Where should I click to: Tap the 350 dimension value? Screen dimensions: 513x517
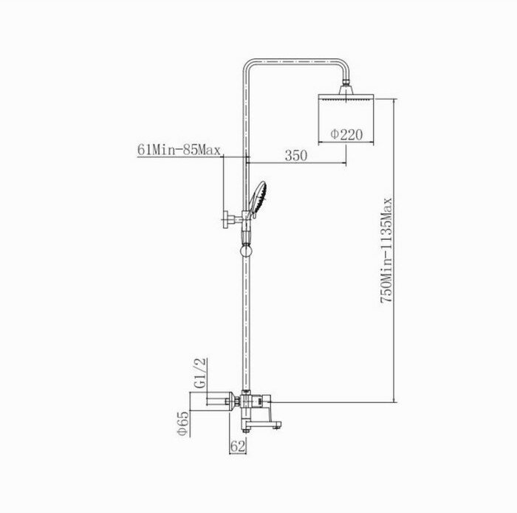295,156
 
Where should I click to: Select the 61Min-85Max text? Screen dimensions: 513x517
179,151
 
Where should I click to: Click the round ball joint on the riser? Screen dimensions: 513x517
245,251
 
